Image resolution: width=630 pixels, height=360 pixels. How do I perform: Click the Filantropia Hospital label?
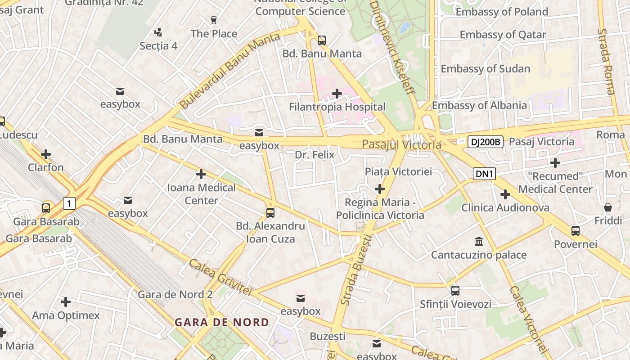pyautogui.click(x=337, y=107)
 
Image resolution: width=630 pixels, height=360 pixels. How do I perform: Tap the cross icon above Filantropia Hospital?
pyautogui.click(x=337, y=93)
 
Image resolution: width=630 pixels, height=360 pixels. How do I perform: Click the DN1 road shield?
pyautogui.click(x=484, y=174)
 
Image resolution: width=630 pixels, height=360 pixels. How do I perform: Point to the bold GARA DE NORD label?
pyautogui.click(x=222, y=322)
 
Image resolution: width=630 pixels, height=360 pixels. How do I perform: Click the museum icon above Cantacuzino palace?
pyautogui.click(x=479, y=242)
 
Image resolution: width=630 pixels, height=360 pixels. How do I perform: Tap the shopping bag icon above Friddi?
pyautogui.click(x=607, y=207)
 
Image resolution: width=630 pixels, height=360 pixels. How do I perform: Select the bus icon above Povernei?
pyautogui.click(x=575, y=231)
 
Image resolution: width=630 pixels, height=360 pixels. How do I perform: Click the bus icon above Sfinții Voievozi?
pyautogui.click(x=455, y=291)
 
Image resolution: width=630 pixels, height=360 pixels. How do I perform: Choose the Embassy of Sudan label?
pyautogui.click(x=485, y=69)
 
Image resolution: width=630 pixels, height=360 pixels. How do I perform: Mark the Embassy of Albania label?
pyautogui.click(x=479, y=105)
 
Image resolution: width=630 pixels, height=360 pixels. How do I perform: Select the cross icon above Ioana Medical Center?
pyautogui.click(x=201, y=174)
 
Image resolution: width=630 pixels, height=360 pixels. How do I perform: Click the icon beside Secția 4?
pyautogui.click(x=158, y=32)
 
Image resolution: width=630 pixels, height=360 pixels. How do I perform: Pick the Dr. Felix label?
pyautogui.click(x=315, y=155)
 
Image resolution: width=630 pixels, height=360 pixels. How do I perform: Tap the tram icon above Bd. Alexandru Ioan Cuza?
pyautogui.click(x=270, y=213)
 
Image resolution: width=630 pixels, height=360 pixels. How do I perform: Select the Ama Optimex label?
pyautogui.click(x=66, y=315)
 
